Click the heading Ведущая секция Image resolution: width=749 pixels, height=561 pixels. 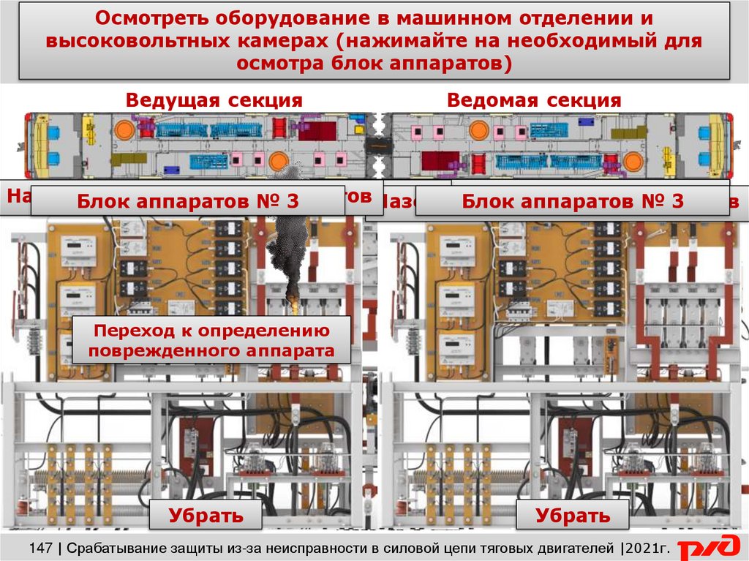214,101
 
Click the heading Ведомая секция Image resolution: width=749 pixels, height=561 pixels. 534,101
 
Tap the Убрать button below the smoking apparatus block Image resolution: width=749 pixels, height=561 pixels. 206,515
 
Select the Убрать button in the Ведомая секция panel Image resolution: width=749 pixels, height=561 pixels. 572,515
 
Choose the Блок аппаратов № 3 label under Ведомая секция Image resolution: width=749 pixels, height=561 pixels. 572,201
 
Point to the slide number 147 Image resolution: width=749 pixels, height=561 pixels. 40,546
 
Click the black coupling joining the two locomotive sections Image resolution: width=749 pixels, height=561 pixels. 378,144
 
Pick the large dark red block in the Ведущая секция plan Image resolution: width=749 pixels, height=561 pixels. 316,131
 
